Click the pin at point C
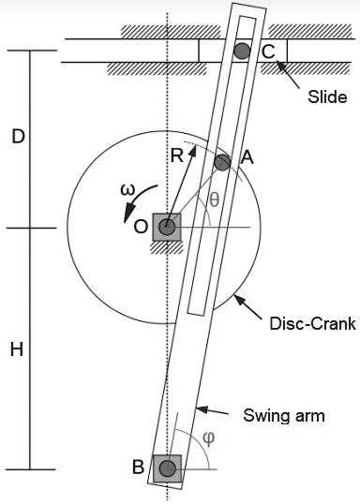coord(243,51)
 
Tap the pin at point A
coord(221,162)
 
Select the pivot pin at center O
coord(167,227)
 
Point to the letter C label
coord(268,52)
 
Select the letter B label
coord(139,468)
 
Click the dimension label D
coord(17,137)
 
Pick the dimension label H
coord(17,349)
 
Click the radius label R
coord(176,156)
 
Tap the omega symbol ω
coord(129,191)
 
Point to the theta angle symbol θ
coord(214,200)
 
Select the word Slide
coord(327,97)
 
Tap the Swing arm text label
coord(283,414)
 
